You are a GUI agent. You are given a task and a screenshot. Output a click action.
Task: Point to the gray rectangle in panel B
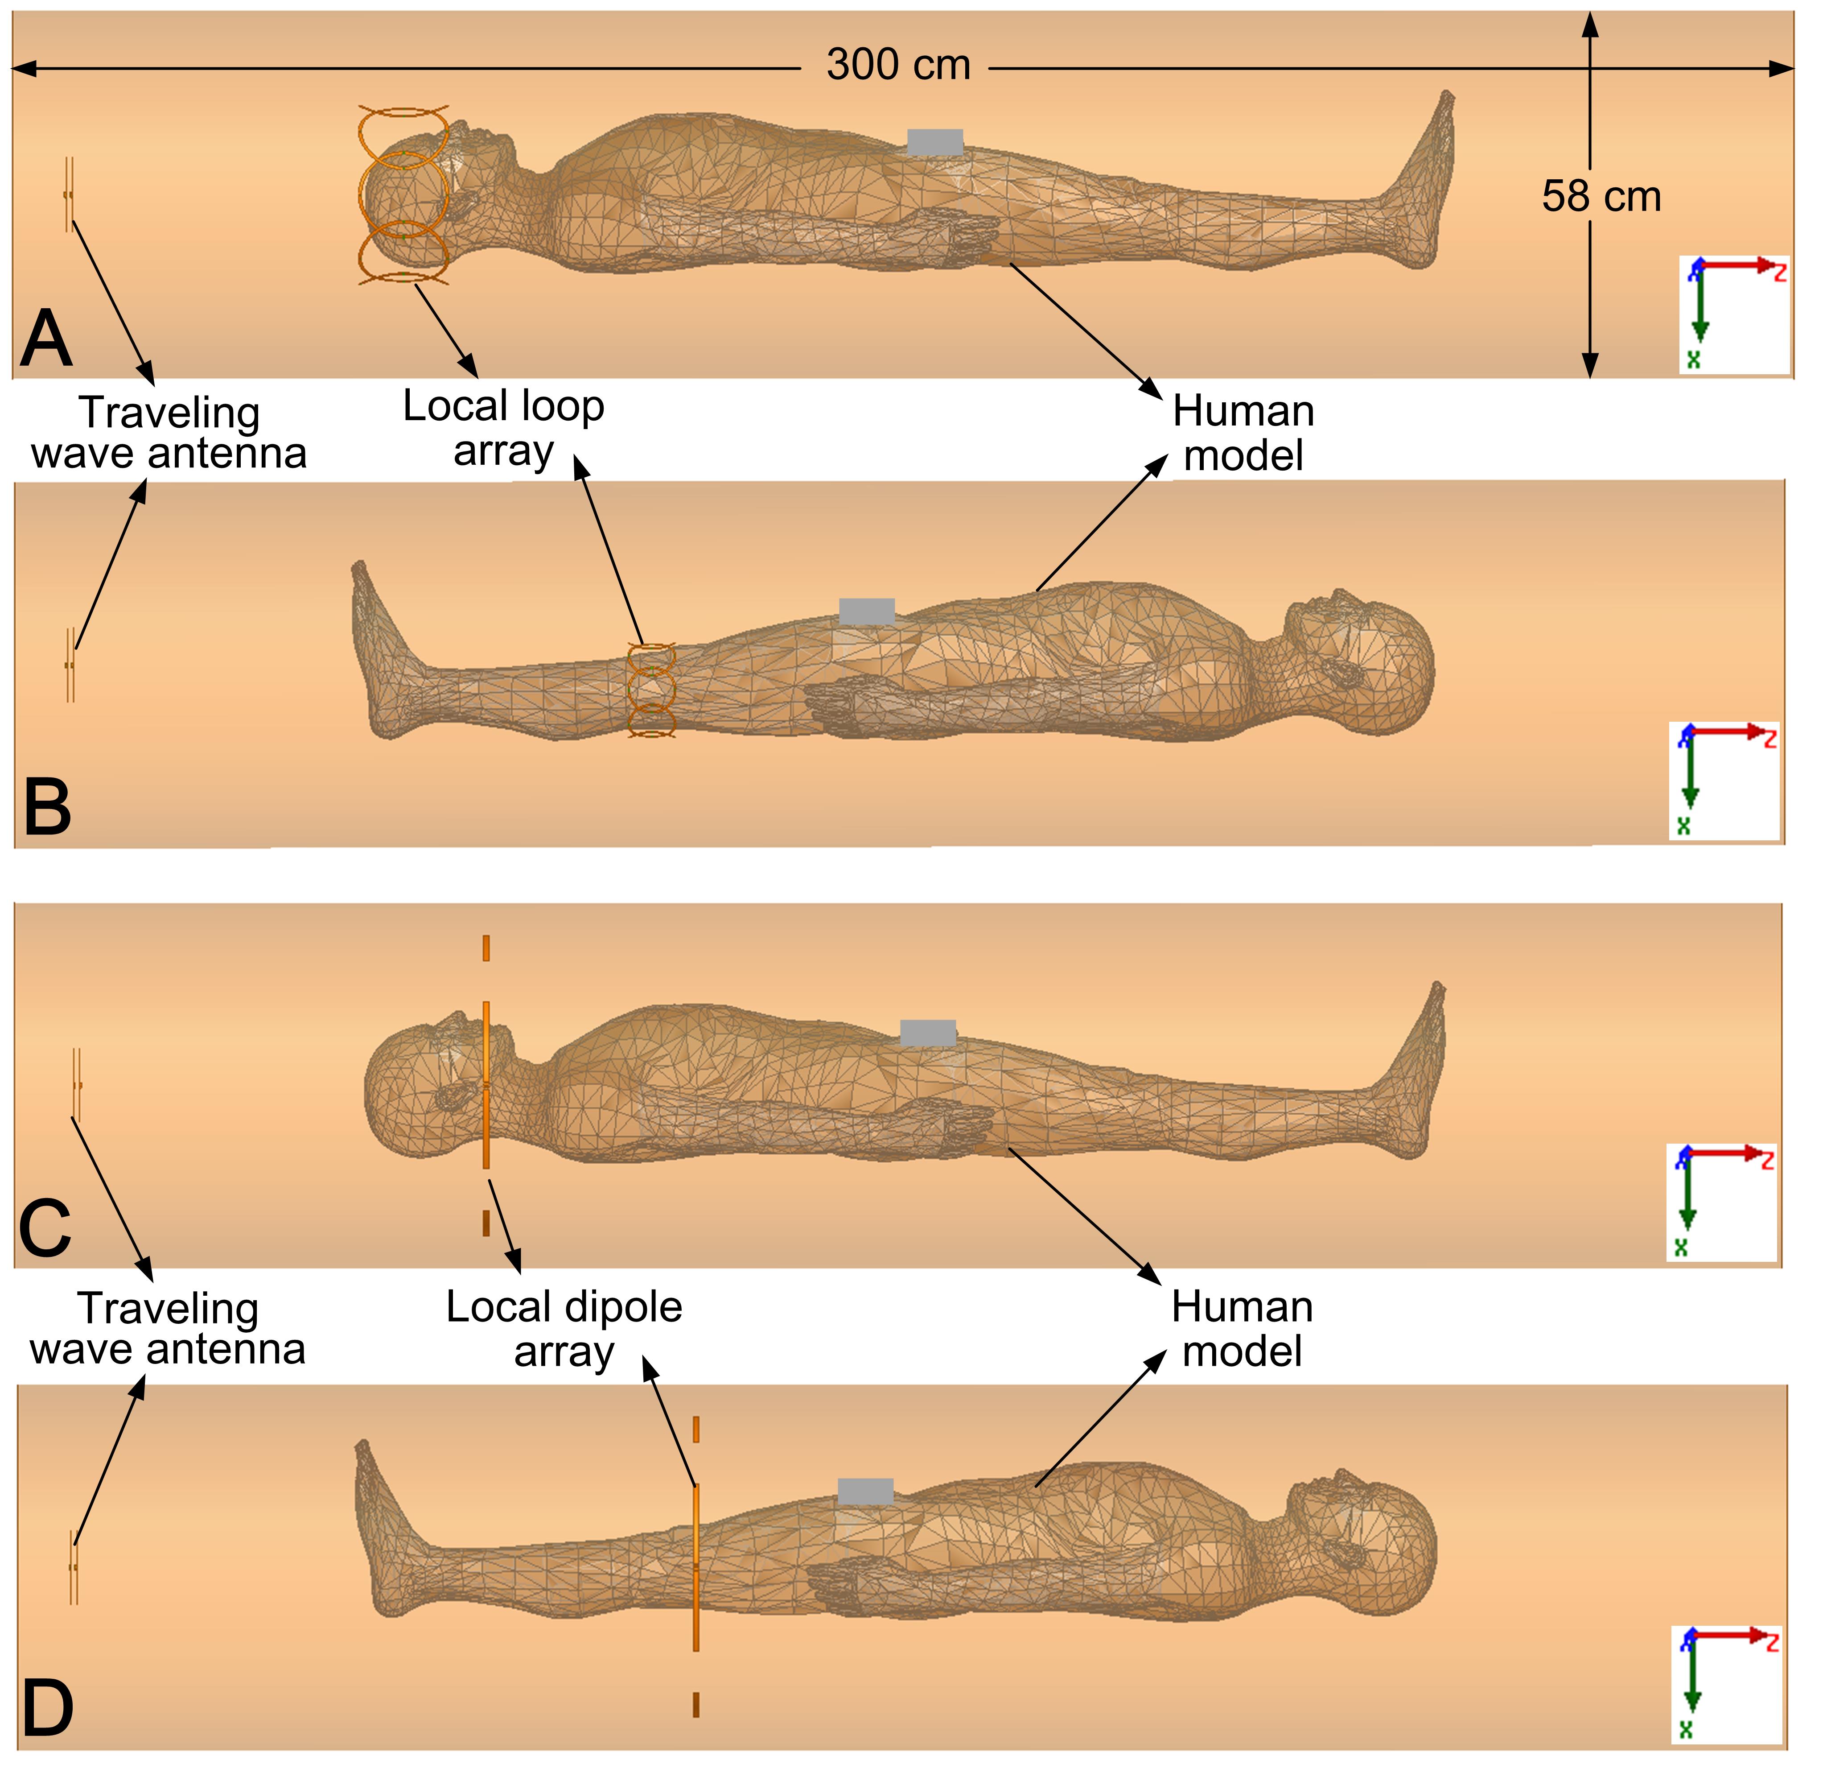point(867,612)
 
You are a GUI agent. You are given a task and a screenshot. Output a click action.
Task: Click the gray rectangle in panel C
point(927,1033)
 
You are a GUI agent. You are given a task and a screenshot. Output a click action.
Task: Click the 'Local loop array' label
point(504,427)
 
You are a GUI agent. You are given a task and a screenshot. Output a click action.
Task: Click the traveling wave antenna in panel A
point(68,194)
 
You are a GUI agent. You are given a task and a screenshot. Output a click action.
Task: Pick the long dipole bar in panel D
point(695,1567)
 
